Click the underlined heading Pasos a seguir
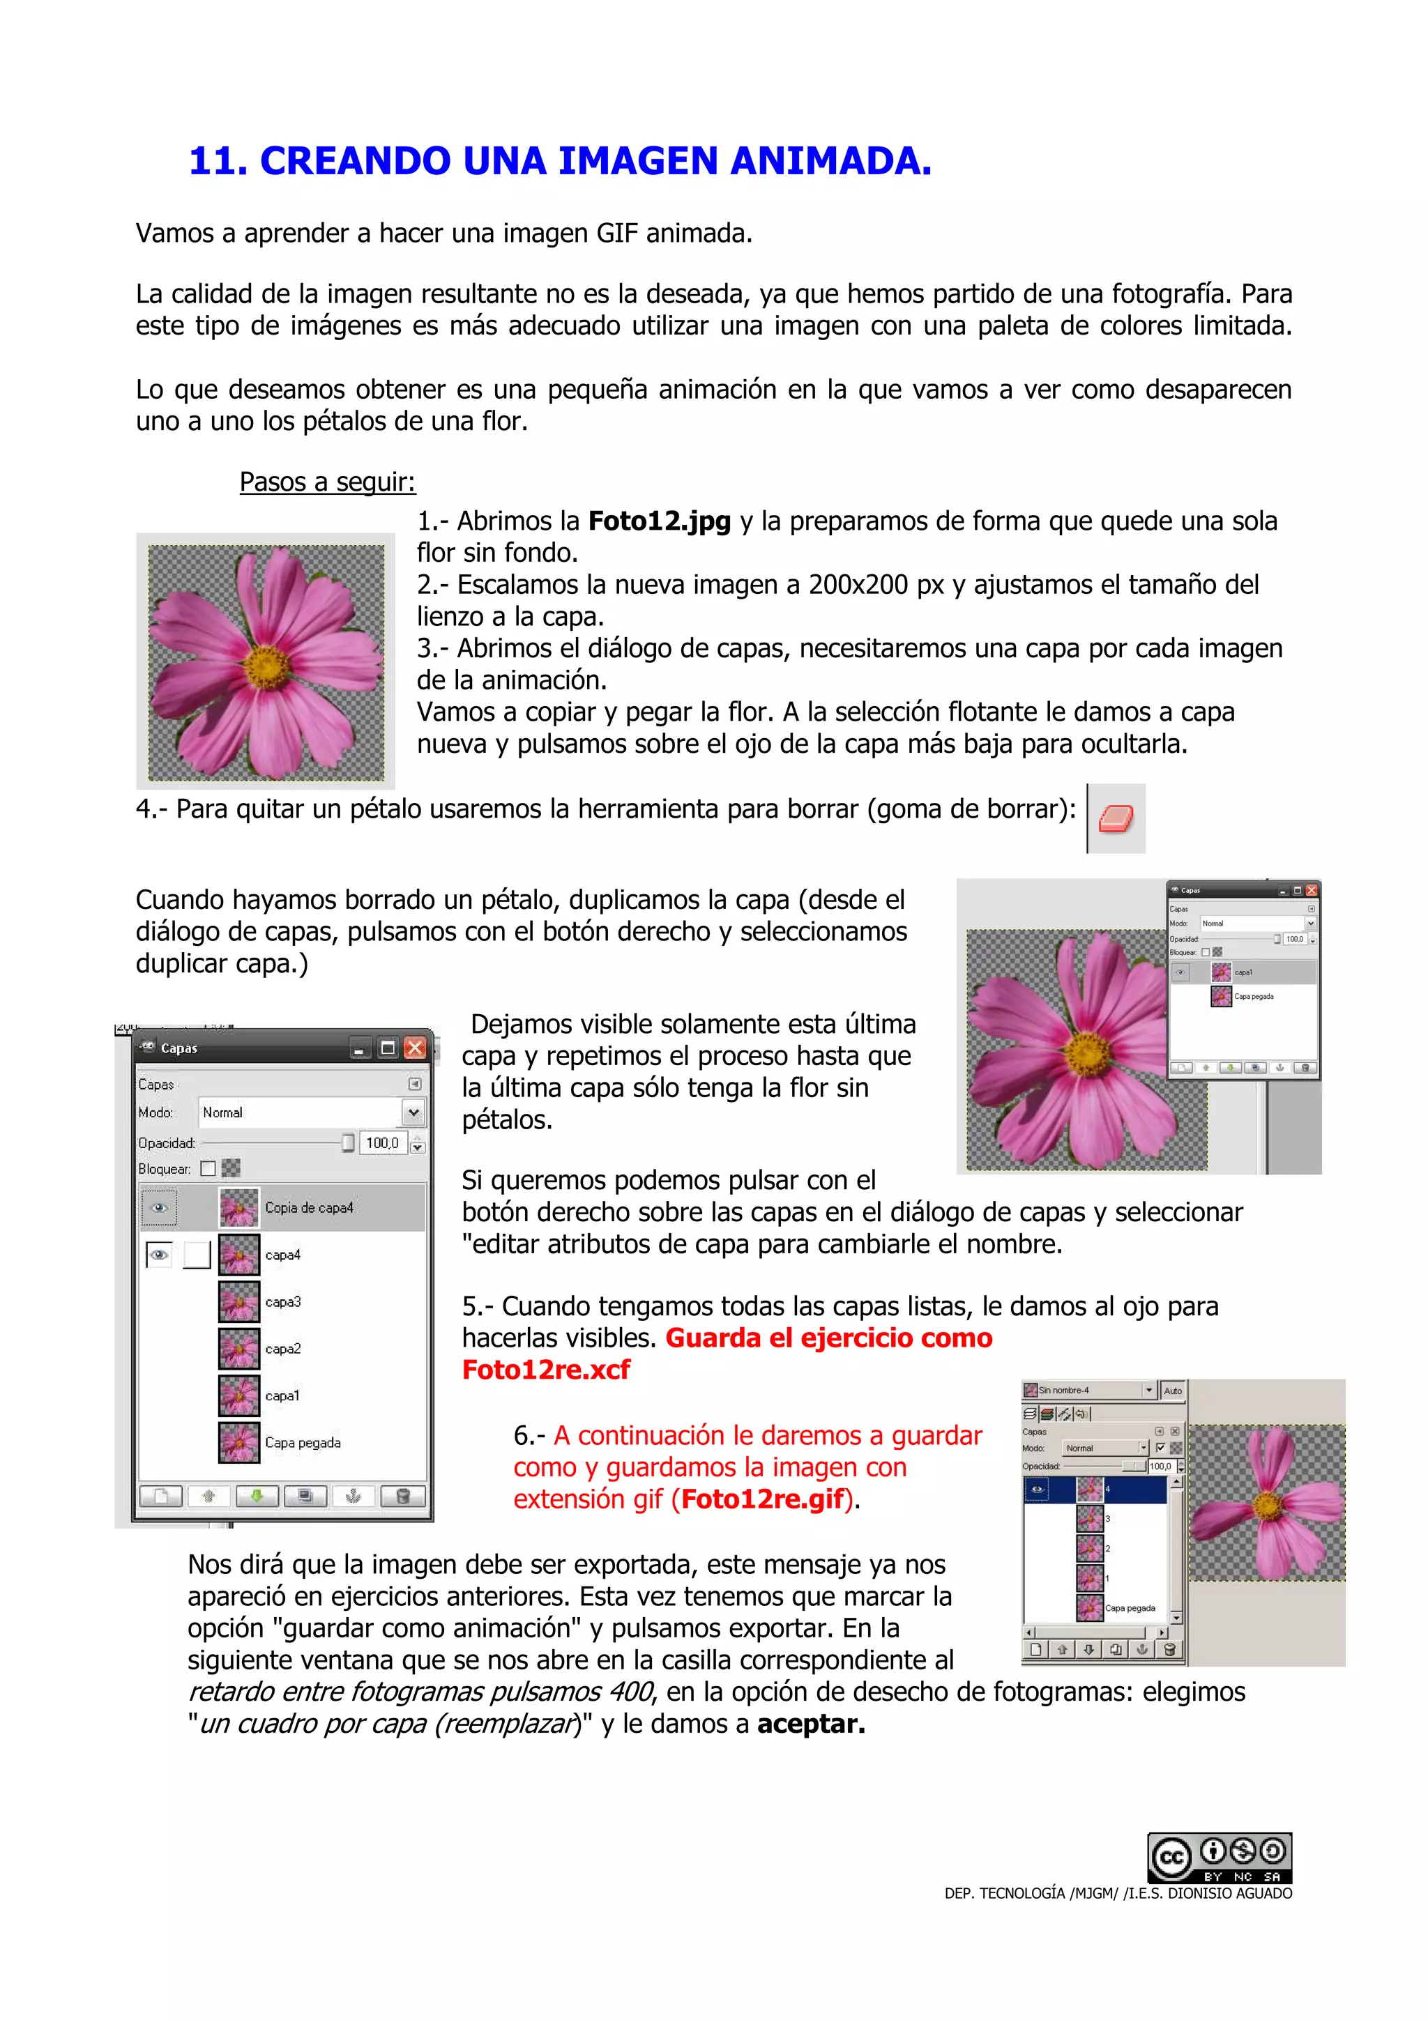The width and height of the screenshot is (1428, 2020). [x=327, y=482]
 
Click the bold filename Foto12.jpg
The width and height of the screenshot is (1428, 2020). [x=659, y=521]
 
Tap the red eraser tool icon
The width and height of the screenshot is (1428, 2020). [x=1116, y=819]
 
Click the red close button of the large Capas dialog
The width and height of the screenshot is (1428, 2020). [x=414, y=1048]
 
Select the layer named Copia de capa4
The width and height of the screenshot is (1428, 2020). [x=309, y=1208]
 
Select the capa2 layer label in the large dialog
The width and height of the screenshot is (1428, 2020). [x=282, y=1349]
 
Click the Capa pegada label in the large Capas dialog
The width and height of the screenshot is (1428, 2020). [x=303, y=1443]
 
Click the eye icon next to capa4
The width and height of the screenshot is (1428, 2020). [x=159, y=1255]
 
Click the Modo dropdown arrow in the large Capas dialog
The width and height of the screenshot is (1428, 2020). [x=413, y=1113]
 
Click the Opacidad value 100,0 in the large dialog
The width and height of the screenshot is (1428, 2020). [x=382, y=1143]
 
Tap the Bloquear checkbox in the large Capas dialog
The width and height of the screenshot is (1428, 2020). [x=208, y=1169]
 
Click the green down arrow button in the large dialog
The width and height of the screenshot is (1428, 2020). [x=257, y=1496]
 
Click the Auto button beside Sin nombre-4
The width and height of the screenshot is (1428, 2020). [x=1172, y=1391]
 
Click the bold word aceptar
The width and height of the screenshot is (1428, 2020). [x=810, y=1724]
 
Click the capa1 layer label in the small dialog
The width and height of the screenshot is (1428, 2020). [x=1243, y=972]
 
